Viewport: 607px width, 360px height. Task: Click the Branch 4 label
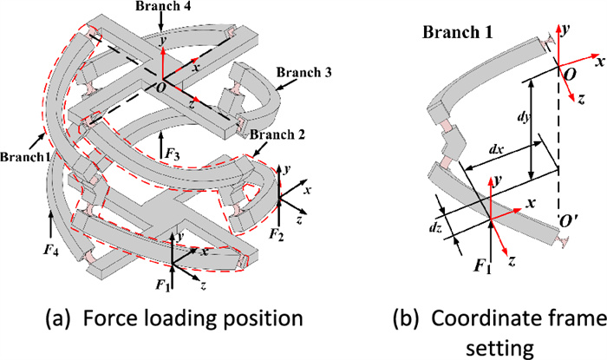point(165,7)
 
